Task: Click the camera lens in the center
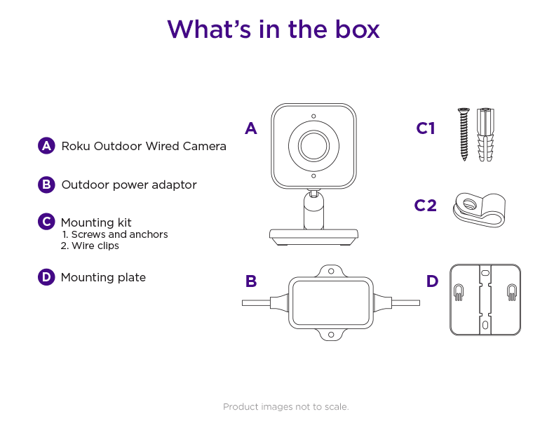[313, 146]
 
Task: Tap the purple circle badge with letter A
[46, 146]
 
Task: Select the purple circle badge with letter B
[46, 185]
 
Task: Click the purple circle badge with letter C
[46, 222]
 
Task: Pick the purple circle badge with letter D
[46, 277]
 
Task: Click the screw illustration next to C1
[464, 133]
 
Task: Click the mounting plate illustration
[485, 300]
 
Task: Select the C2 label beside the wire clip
[425, 206]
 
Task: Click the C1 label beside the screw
[426, 128]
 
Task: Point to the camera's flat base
[313, 237]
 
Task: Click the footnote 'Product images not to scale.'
[285, 407]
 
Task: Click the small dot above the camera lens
[313, 116]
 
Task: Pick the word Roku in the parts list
[76, 147]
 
